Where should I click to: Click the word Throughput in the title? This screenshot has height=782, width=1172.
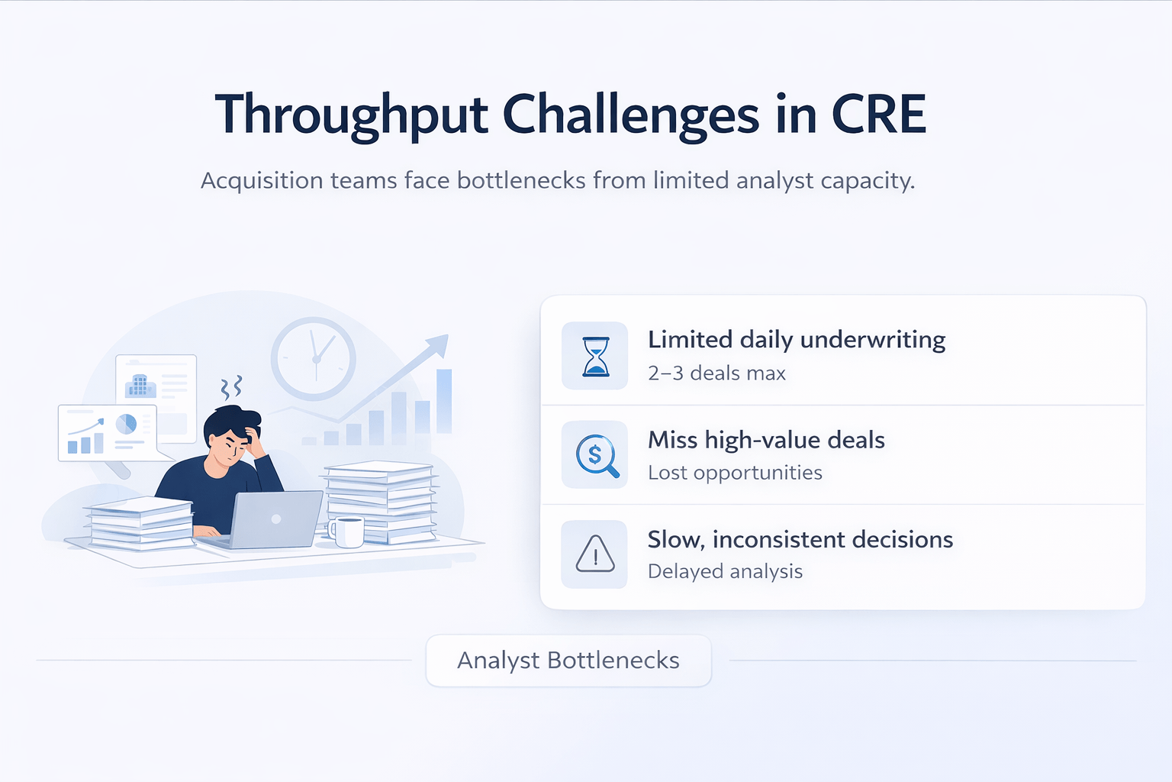[x=351, y=115]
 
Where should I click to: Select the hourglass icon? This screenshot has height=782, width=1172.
[x=595, y=357]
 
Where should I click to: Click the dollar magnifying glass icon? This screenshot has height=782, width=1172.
[x=596, y=455]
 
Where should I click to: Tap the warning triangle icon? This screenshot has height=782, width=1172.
[x=595, y=554]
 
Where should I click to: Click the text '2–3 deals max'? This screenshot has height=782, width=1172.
[x=716, y=373]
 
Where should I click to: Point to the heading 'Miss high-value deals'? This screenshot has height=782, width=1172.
[x=766, y=440]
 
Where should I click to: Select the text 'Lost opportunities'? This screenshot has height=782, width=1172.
[x=735, y=473]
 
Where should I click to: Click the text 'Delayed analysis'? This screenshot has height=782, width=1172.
[x=725, y=571]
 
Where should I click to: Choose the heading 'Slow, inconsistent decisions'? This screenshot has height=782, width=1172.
[x=800, y=540]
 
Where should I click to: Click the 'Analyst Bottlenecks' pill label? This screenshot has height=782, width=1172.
[x=568, y=661]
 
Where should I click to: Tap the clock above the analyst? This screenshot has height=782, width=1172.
[x=314, y=358]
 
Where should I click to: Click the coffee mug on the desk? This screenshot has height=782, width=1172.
[x=348, y=532]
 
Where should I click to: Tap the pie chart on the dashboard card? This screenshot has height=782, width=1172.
[x=126, y=423]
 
